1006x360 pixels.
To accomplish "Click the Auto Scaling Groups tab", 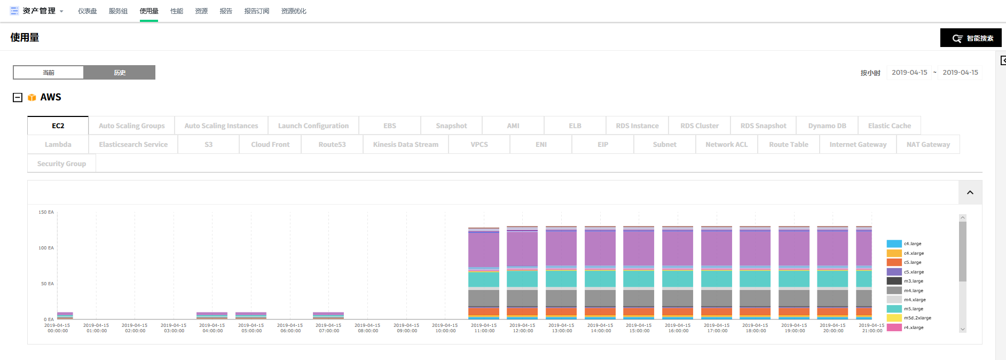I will (x=131, y=126).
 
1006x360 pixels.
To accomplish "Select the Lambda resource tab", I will (x=58, y=145).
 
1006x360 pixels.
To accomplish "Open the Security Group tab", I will (x=61, y=164).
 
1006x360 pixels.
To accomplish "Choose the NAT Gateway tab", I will (x=928, y=145).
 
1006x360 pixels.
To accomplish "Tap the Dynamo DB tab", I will (x=827, y=126).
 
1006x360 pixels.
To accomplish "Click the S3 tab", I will (x=208, y=145).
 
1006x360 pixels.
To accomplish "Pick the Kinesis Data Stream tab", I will (x=405, y=145).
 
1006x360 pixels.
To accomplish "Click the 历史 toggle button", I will (x=120, y=73).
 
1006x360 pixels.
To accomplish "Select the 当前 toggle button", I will (x=49, y=73).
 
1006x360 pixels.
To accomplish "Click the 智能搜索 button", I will (x=971, y=38).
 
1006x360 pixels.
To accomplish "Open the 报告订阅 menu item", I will (x=256, y=11).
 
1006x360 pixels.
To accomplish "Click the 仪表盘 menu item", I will (x=88, y=11).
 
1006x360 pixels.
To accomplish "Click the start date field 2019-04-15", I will (x=909, y=73).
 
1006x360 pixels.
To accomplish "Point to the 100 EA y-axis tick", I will (x=46, y=248).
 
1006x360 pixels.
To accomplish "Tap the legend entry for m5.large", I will (x=913, y=309).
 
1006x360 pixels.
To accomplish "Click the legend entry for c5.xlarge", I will (x=914, y=272).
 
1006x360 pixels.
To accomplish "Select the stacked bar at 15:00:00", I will (x=639, y=272).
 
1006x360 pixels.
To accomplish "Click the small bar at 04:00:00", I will (x=212, y=315).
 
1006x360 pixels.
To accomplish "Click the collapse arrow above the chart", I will (x=970, y=192).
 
